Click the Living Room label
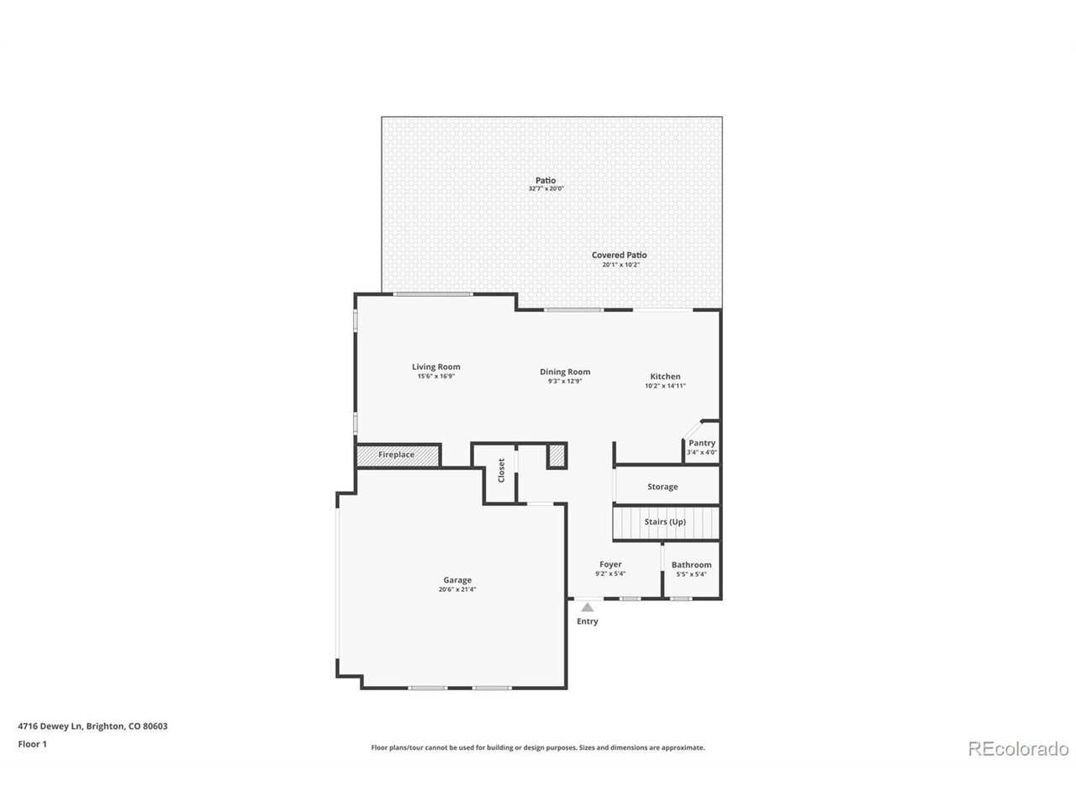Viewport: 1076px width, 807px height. (435, 367)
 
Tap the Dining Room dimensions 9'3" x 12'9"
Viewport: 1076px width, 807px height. (565, 381)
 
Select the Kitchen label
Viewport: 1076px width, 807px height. (665, 377)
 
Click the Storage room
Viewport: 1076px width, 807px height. (667, 485)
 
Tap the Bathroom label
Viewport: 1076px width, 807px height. (691, 564)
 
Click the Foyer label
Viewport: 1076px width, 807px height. (610, 564)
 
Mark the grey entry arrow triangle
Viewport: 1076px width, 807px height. (588, 608)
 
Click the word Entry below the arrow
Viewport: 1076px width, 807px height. (588, 621)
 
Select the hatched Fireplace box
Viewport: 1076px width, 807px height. (398, 455)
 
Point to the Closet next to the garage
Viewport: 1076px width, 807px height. (500, 472)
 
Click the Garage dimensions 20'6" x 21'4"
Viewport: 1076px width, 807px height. (457, 589)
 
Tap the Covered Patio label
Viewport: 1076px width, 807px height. (620, 255)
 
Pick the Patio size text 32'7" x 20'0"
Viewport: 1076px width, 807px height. (546, 188)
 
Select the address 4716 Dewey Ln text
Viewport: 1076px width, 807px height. (50, 726)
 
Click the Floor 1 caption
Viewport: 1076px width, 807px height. (32, 744)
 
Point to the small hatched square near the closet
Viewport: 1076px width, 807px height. (556, 455)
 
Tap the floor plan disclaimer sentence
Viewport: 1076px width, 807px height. (538, 747)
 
